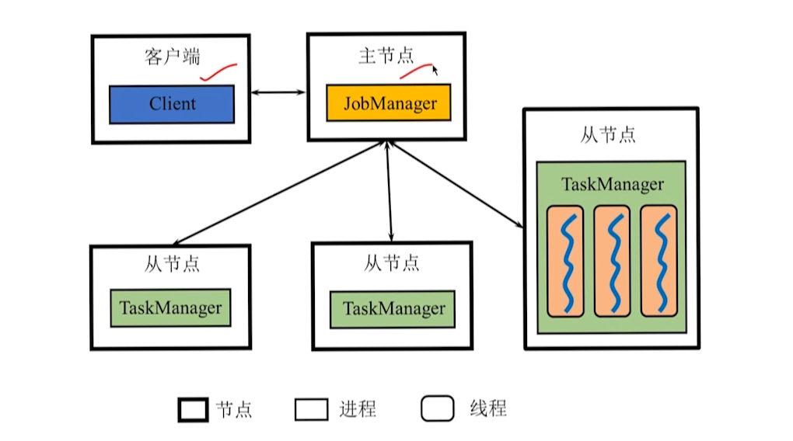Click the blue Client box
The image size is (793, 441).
pos(171,104)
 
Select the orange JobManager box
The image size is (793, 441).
pos(389,103)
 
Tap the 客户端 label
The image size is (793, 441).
pos(171,58)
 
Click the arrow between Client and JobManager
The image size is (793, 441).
pos(278,92)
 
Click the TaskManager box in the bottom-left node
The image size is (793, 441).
pos(171,307)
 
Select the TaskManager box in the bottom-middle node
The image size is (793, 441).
pos(393,308)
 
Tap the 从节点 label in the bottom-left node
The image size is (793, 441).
pos(171,264)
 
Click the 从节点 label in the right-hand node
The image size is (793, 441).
pos(608,134)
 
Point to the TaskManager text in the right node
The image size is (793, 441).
pos(613,185)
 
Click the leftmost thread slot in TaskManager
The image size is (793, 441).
pos(565,261)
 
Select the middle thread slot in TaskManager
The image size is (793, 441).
pos(612,261)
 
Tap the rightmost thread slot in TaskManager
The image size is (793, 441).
pos(659,261)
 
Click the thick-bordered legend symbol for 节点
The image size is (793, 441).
pos(193,409)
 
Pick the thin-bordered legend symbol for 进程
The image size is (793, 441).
pos(311,409)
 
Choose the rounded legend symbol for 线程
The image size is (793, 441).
pos(438,409)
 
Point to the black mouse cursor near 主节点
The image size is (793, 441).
pos(435,71)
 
